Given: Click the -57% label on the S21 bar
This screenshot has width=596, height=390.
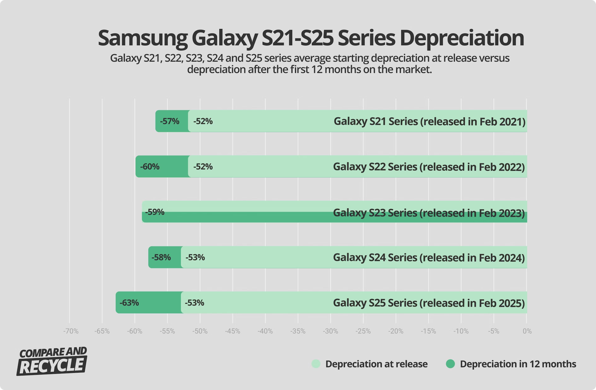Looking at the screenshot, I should point(169,121).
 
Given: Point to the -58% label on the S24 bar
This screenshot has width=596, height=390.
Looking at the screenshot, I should point(161,257).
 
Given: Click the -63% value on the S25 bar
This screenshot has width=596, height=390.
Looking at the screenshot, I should point(129,303).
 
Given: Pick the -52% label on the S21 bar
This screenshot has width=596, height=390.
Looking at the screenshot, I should point(203,121).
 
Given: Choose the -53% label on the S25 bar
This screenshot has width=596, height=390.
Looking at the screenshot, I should point(194,303).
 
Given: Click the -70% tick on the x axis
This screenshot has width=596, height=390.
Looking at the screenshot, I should point(71,331).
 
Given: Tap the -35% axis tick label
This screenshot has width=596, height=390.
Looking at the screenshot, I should point(298,331).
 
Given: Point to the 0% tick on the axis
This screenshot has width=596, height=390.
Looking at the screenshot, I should point(527,331).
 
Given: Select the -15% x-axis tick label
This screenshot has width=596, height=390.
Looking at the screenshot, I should point(428,331).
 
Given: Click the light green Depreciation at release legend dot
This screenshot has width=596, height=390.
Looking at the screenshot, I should point(316,364).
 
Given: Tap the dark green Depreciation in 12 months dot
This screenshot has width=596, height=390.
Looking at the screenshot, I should point(450,364).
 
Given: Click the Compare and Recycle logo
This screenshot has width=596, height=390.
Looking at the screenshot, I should point(52,361).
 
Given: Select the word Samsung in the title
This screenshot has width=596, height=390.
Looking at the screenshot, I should point(143,38).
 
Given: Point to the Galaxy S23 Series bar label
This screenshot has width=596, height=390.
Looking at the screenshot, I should point(428,213).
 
